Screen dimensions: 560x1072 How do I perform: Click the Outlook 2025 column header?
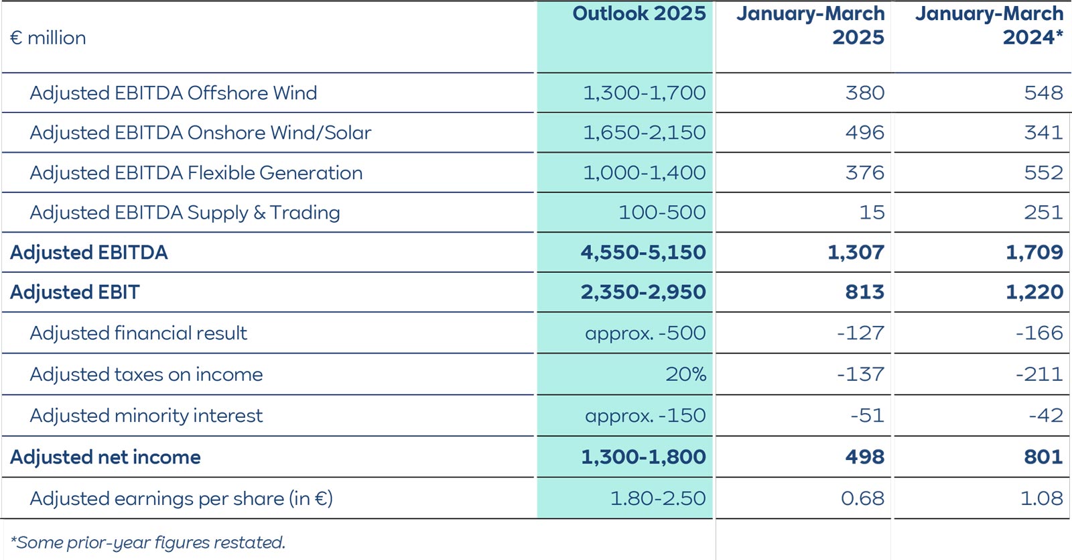point(639,14)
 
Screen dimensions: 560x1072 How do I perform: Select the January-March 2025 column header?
point(810,25)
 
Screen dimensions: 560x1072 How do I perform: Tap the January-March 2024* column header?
point(989,25)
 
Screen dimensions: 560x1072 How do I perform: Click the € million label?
point(48,38)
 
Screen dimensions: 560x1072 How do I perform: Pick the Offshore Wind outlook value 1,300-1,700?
point(644,93)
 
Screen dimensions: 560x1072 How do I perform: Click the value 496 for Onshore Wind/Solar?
point(864,133)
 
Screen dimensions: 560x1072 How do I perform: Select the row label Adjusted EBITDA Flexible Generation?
point(196,173)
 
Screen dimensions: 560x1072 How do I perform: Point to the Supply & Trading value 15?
point(872,213)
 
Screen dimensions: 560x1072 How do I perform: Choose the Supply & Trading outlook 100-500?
point(661,213)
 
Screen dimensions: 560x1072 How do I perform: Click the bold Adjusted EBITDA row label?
point(89,253)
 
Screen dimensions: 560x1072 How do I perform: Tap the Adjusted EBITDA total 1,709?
point(1034,253)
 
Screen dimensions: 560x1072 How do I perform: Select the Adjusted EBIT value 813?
point(864,292)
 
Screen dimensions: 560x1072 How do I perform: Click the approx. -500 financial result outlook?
point(645,333)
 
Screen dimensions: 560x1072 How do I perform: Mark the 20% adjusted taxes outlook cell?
point(685,374)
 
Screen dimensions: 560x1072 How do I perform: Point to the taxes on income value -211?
point(1038,374)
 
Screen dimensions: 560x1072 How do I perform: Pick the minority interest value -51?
point(867,416)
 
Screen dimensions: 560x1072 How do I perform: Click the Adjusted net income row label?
point(105,457)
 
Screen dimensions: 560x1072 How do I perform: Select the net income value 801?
point(1043,457)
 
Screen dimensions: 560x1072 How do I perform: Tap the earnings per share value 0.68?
point(862,499)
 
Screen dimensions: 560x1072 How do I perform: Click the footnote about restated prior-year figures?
point(148,543)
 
